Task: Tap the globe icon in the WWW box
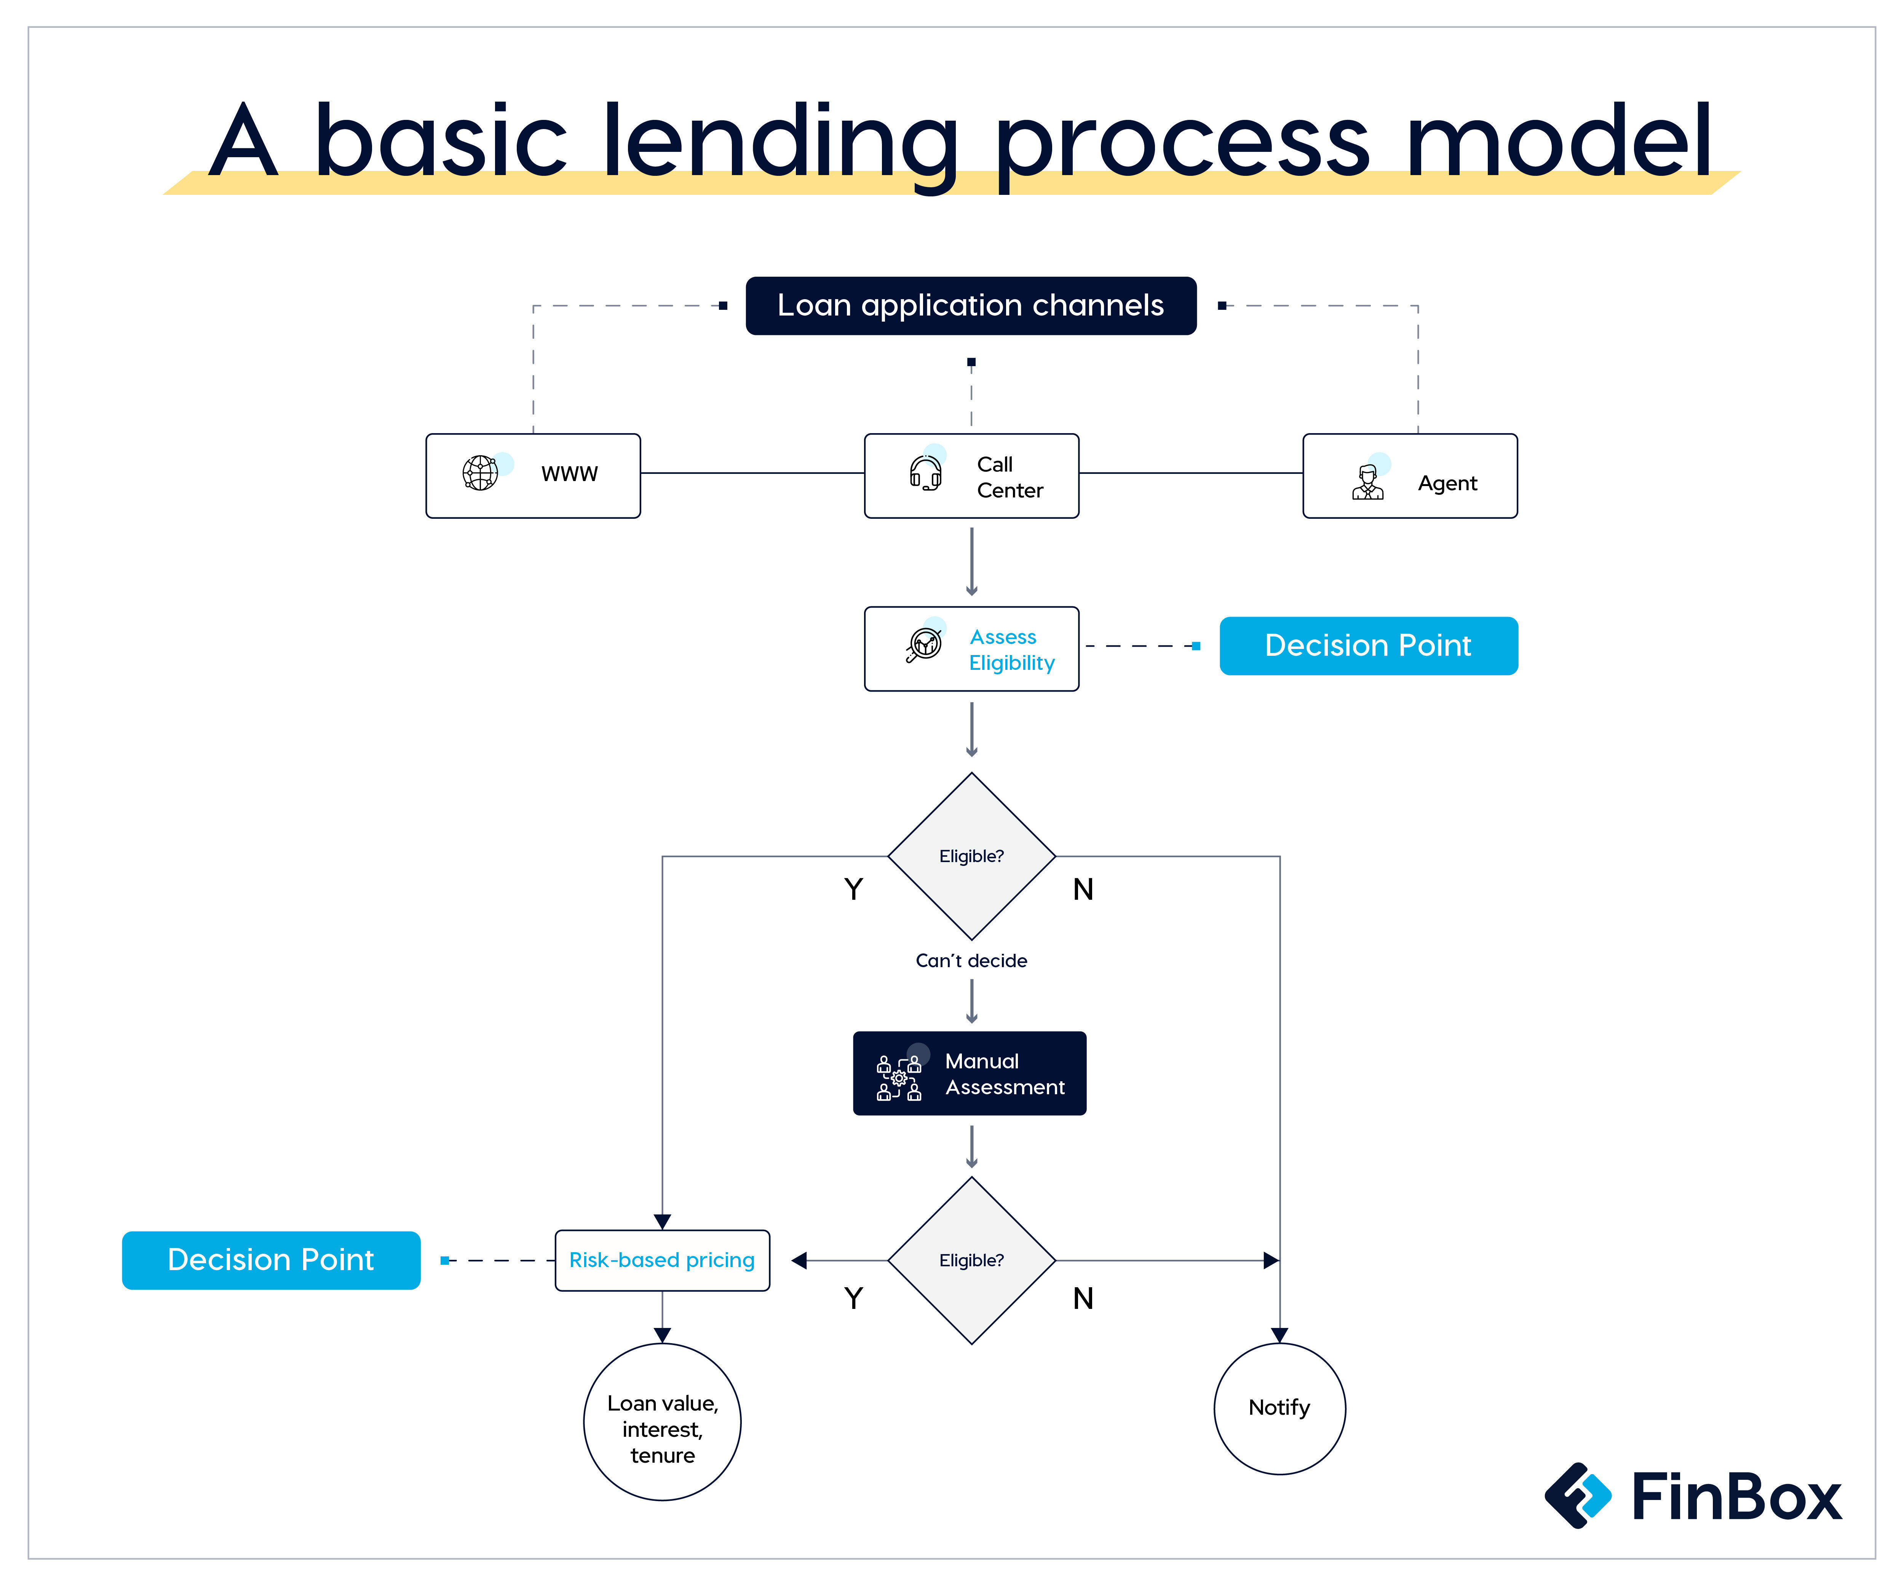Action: click(481, 472)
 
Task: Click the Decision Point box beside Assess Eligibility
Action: click(1368, 645)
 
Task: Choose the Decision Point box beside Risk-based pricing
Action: click(271, 1260)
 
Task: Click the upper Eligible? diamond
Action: click(971, 856)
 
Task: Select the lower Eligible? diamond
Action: click(971, 1260)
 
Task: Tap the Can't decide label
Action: click(971, 961)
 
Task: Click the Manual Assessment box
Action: click(969, 1073)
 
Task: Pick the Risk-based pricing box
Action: click(662, 1260)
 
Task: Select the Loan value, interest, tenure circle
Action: click(662, 1421)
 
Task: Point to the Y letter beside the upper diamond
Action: click(853, 889)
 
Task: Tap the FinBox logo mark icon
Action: click(1578, 1495)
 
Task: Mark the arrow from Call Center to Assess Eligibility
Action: click(971, 562)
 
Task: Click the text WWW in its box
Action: click(569, 474)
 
